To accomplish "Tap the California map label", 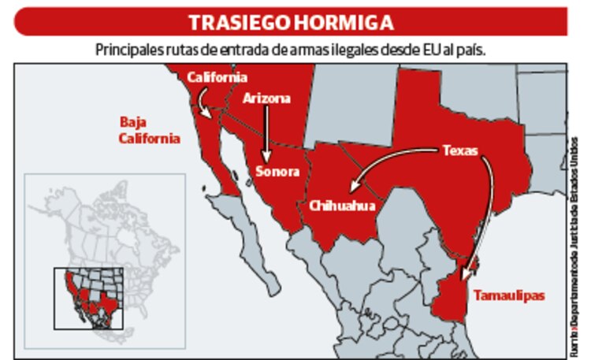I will coord(217,77).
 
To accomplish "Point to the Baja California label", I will coord(149,131).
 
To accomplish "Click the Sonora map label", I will coord(277,171).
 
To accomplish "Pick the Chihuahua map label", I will coord(341,206).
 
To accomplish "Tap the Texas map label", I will coord(459,150).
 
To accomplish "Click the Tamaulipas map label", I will coord(507,295).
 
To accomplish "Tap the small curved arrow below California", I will coord(203,102).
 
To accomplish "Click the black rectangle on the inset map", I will coord(90,299).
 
